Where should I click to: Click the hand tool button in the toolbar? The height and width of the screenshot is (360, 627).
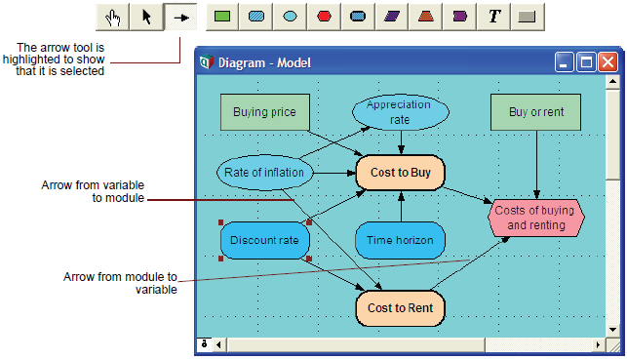click(x=113, y=17)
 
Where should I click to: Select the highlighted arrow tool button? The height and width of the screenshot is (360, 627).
click(x=180, y=17)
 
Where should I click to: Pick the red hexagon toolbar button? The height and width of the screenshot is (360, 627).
click(x=324, y=17)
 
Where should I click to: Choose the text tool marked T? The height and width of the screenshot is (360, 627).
click(x=494, y=17)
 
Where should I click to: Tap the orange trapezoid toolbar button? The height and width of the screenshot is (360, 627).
click(x=426, y=17)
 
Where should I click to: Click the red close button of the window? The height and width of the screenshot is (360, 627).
click(x=607, y=62)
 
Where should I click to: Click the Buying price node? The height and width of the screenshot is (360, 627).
click(x=264, y=112)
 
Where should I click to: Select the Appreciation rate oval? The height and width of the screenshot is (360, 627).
click(x=400, y=112)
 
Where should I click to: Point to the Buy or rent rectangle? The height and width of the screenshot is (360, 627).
click(x=536, y=112)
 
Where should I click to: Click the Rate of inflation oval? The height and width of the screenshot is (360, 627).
click(x=264, y=173)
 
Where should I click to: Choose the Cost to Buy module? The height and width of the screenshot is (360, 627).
click(x=400, y=173)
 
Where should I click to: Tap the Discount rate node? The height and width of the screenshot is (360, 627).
click(x=264, y=240)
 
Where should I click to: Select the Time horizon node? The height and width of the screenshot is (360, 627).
click(x=400, y=240)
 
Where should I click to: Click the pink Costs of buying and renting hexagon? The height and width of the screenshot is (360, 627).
click(x=536, y=218)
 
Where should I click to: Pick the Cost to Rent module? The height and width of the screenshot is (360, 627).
click(x=400, y=308)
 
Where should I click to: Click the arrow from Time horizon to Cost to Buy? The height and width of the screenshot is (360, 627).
click(x=401, y=207)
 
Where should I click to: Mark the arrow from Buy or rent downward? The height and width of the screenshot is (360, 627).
click(x=536, y=165)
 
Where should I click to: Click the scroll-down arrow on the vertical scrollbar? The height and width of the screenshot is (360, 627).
click(x=612, y=330)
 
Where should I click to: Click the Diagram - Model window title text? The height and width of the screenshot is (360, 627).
click(x=264, y=62)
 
